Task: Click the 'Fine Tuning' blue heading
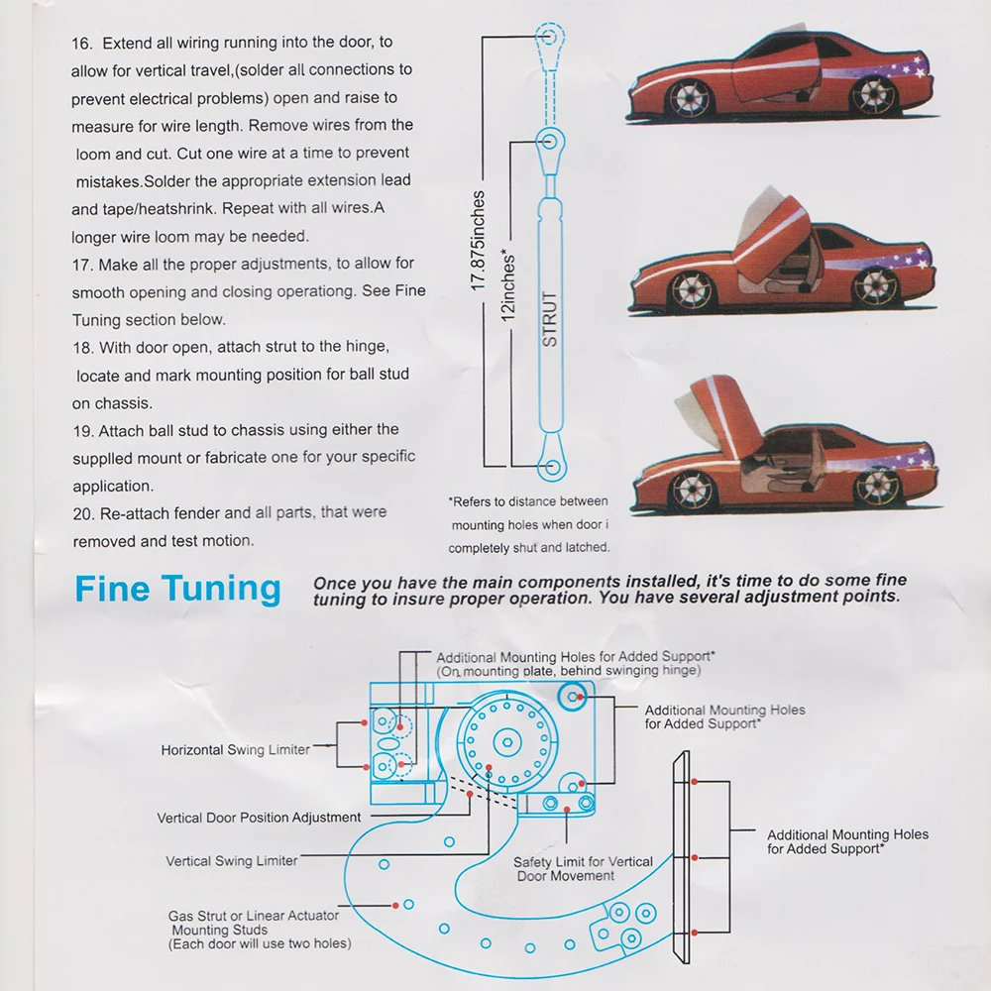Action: (x=177, y=589)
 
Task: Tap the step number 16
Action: (x=82, y=44)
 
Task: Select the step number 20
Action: (x=83, y=513)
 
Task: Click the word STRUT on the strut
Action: (x=550, y=318)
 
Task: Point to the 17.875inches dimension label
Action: (x=478, y=240)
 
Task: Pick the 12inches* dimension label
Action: (x=508, y=285)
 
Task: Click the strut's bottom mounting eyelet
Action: (x=552, y=468)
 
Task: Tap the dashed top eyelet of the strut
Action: (x=549, y=36)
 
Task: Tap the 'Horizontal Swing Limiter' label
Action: (x=235, y=750)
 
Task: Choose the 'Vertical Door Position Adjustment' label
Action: (x=259, y=818)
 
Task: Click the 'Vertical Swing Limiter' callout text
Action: (x=231, y=861)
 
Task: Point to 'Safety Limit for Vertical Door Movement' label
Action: (x=583, y=869)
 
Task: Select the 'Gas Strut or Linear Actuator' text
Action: (x=254, y=916)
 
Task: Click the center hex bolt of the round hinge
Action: (x=506, y=741)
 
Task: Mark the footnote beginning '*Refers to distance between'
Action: (x=529, y=524)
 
